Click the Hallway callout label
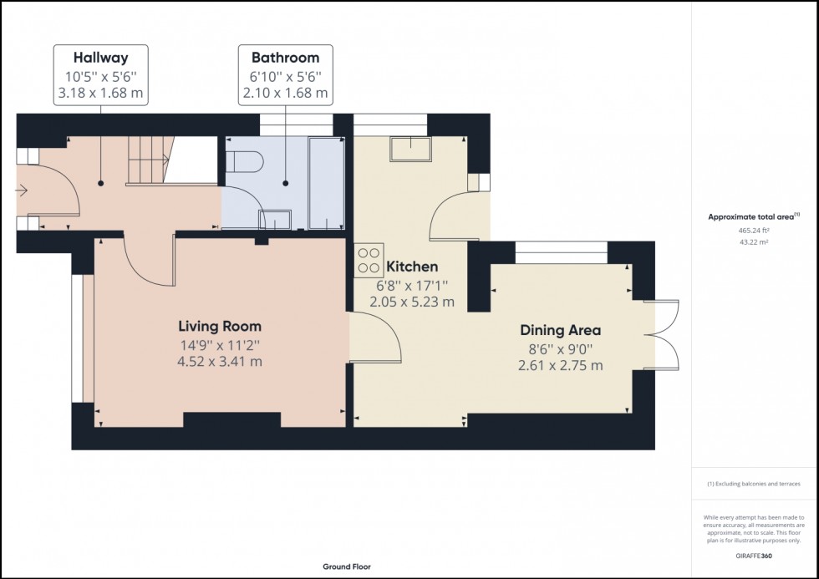point(101,58)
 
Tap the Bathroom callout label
point(285,58)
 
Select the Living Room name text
point(220,327)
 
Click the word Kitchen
point(411,267)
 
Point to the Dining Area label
point(561,331)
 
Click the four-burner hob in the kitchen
point(369,259)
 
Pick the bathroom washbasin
point(275,220)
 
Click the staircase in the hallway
point(148,161)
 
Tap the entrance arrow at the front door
point(22,191)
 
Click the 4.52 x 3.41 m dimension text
point(220,362)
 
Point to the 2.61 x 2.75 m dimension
point(561,366)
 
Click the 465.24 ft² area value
point(755,231)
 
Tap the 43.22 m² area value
point(755,242)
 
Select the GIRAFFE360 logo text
point(755,554)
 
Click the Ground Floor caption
point(348,567)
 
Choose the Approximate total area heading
point(754,216)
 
